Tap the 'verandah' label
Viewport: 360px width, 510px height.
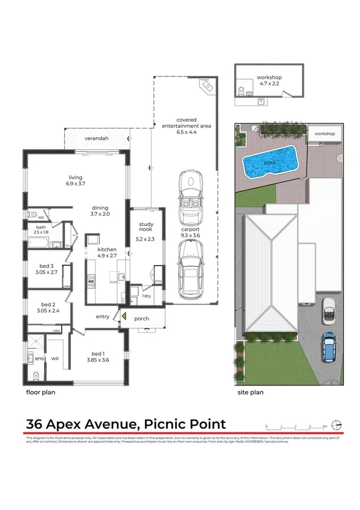click(x=96, y=138)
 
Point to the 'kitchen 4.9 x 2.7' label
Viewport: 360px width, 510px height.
click(x=107, y=252)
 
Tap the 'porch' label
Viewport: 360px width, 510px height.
click(x=142, y=318)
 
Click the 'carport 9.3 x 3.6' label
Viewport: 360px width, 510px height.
click(x=190, y=232)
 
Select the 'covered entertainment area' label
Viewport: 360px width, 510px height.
click(x=187, y=123)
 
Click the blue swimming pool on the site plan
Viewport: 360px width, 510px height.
click(x=270, y=162)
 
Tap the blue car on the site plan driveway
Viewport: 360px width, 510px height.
click(x=329, y=348)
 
